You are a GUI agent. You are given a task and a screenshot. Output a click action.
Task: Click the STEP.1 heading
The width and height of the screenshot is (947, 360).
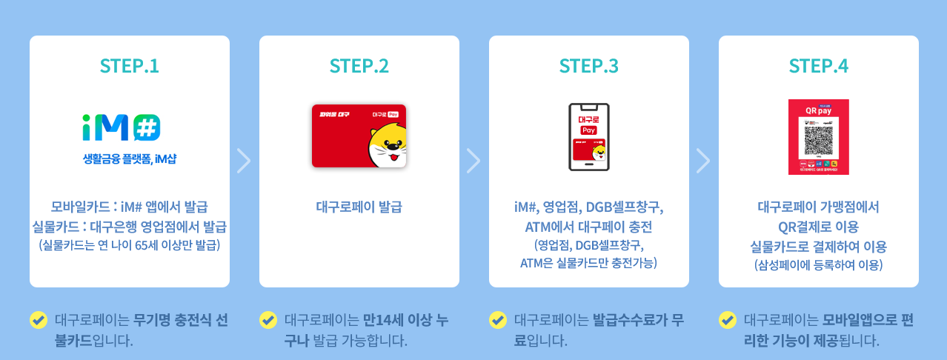pyautogui.click(x=130, y=66)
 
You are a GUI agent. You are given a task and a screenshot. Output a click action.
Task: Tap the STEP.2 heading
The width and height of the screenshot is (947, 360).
pyautogui.click(x=359, y=66)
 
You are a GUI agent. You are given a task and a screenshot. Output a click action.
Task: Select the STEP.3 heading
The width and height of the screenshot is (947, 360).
pyautogui.click(x=589, y=66)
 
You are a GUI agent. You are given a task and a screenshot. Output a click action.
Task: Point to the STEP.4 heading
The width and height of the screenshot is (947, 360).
pyautogui.click(x=819, y=66)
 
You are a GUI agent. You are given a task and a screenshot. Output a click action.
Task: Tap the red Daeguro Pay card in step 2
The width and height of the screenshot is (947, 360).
pyautogui.click(x=359, y=136)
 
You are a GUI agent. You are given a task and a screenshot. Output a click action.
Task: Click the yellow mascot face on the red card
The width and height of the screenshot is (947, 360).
pyautogui.click(x=387, y=144)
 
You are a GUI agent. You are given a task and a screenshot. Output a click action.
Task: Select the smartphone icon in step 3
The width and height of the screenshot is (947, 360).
pyautogui.click(x=589, y=137)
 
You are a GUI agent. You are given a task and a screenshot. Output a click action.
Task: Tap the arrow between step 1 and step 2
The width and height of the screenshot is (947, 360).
pyautogui.click(x=244, y=161)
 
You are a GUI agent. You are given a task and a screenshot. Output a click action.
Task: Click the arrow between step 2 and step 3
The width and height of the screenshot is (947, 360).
pyautogui.click(x=473, y=161)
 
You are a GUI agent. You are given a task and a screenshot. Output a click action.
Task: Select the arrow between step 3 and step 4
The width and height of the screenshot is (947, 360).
pyautogui.click(x=703, y=161)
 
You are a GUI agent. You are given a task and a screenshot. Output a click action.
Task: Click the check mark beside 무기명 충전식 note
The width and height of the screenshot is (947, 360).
pyautogui.click(x=38, y=320)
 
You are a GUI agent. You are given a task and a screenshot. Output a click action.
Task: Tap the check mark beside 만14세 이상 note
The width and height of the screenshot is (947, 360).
pyautogui.click(x=268, y=320)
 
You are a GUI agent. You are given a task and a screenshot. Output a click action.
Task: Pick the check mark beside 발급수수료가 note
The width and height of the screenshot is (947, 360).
pyautogui.click(x=497, y=320)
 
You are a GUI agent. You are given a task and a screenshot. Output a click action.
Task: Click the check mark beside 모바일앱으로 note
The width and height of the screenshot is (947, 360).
pyautogui.click(x=727, y=320)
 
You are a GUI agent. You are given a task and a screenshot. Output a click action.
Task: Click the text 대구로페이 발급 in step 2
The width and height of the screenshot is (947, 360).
pyautogui.click(x=359, y=207)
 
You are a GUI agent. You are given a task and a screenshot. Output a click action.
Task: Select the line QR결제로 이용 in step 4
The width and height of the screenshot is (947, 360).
pyautogui.click(x=819, y=227)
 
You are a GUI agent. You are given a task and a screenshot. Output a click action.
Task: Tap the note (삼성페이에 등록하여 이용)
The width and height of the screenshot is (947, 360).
pyautogui.click(x=819, y=264)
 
